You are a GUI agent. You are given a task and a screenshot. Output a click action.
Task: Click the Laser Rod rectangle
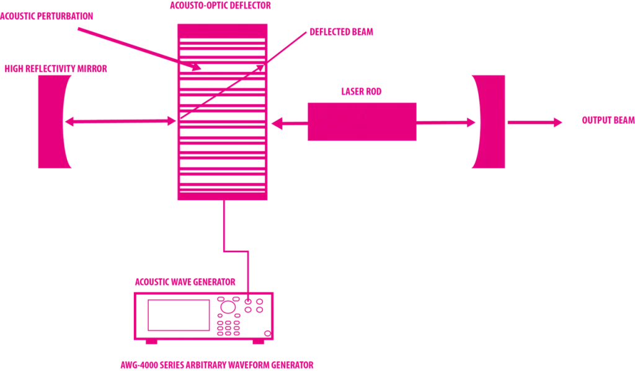click(362, 121)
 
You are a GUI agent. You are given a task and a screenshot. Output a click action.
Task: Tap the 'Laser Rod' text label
click(360, 91)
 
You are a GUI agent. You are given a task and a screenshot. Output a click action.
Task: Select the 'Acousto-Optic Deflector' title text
click(220, 6)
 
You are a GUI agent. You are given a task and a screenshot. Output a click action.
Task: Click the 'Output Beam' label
click(607, 120)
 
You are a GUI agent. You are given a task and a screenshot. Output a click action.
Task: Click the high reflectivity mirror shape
click(52, 122)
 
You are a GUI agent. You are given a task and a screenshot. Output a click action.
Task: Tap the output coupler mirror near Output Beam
click(486, 122)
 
